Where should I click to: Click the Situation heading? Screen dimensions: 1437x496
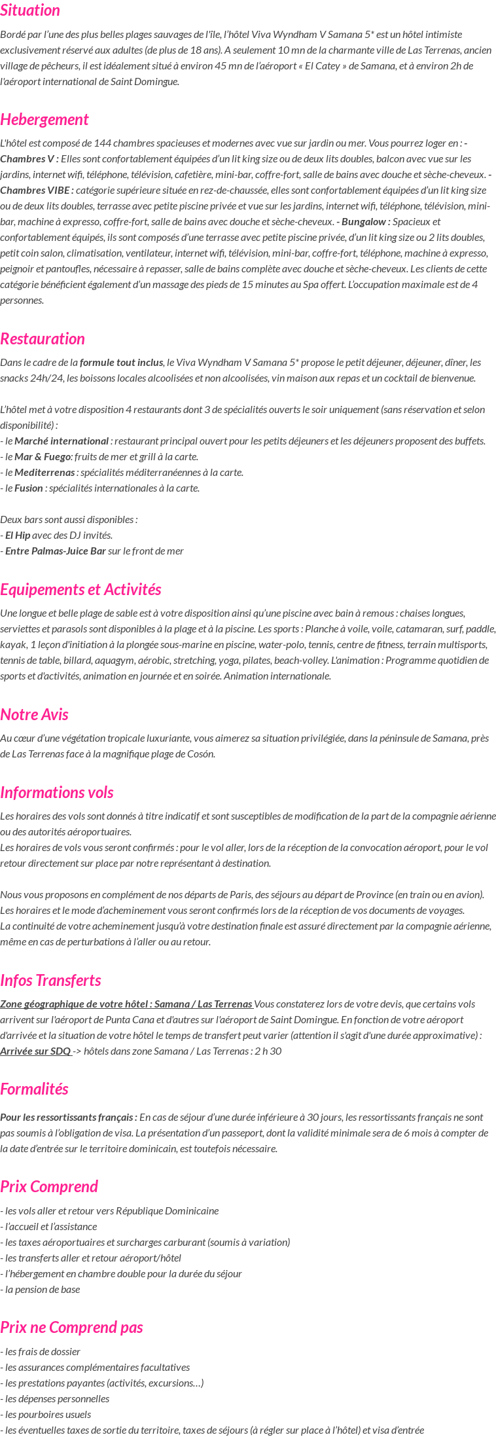click(30, 10)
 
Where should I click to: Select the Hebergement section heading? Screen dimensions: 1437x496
click(44, 119)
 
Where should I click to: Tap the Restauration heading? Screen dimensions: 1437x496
click(43, 338)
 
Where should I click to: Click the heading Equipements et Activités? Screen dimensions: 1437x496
click(80, 589)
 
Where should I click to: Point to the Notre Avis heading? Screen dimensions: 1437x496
click(34, 714)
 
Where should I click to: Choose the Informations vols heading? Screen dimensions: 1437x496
click(57, 792)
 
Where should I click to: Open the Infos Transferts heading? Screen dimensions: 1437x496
click(50, 980)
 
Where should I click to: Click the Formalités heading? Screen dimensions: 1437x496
click(34, 1089)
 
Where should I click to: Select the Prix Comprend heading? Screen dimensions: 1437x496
click(49, 1186)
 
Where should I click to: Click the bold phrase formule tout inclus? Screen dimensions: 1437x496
click(121, 362)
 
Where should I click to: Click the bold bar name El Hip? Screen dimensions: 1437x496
click(18, 535)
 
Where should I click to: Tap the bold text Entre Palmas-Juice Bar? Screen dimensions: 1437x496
click(56, 551)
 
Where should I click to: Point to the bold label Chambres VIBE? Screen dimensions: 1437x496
click(36, 190)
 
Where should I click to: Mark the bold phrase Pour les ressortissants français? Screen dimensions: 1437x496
click(68, 1117)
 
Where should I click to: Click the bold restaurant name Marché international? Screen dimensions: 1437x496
click(62, 441)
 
